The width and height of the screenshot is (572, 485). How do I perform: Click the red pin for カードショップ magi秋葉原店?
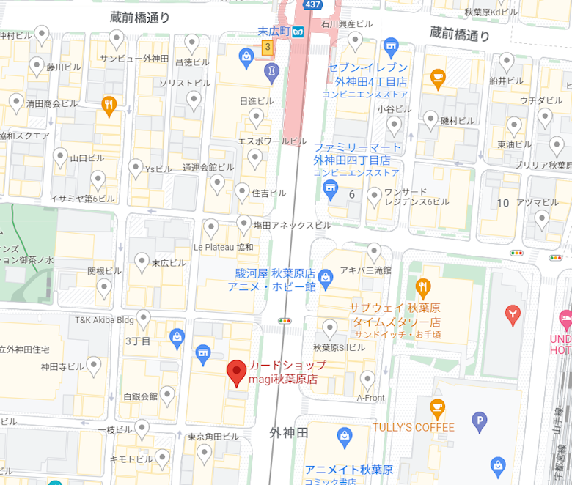236,372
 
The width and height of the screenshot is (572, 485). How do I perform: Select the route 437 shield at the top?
312,4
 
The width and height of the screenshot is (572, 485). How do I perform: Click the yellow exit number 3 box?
268,48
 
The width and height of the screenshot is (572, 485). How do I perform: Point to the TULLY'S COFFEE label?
413,427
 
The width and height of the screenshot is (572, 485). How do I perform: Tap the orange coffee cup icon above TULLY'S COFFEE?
437,407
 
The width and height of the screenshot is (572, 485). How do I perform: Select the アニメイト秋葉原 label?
349,470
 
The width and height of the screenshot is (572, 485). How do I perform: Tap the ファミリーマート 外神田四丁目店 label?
357,154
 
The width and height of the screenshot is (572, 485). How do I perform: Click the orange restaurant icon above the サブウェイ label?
422,286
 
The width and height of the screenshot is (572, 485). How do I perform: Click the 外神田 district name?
289,432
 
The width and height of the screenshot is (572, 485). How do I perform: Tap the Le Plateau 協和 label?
223,247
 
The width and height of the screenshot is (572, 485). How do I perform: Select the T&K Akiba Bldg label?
104,319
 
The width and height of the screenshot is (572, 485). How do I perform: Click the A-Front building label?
370,398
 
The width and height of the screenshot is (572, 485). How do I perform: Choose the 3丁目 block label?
138,341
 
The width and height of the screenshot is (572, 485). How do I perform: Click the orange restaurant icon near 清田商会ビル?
109,105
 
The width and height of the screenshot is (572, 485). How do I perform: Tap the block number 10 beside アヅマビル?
503,202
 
